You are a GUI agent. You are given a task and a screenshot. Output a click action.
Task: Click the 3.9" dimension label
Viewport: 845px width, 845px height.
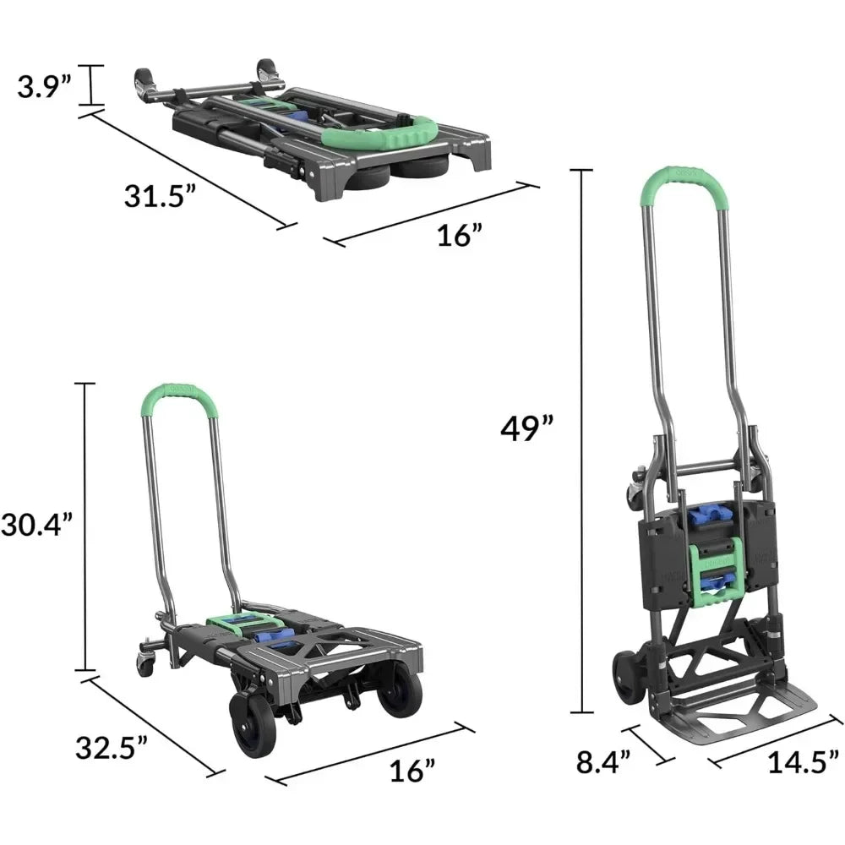click(x=44, y=87)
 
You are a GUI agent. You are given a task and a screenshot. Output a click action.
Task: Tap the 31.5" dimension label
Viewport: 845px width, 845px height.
click(x=161, y=196)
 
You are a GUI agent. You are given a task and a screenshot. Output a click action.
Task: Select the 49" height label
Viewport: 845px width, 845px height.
click(x=526, y=428)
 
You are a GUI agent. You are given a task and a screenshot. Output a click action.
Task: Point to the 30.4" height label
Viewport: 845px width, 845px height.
click(x=35, y=524)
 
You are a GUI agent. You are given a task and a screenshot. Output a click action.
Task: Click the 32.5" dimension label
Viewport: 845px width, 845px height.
click(x=111, y=748)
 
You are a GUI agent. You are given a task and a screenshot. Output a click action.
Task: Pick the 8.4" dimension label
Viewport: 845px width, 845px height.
click(x=603, y=762)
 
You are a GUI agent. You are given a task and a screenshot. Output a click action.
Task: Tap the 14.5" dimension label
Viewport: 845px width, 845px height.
click(x=804, y=762)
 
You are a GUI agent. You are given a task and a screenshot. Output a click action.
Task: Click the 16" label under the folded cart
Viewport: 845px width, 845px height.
click(x=459, y=236)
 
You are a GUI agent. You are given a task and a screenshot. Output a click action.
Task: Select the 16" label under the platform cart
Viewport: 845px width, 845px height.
click(x=412, y=771)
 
